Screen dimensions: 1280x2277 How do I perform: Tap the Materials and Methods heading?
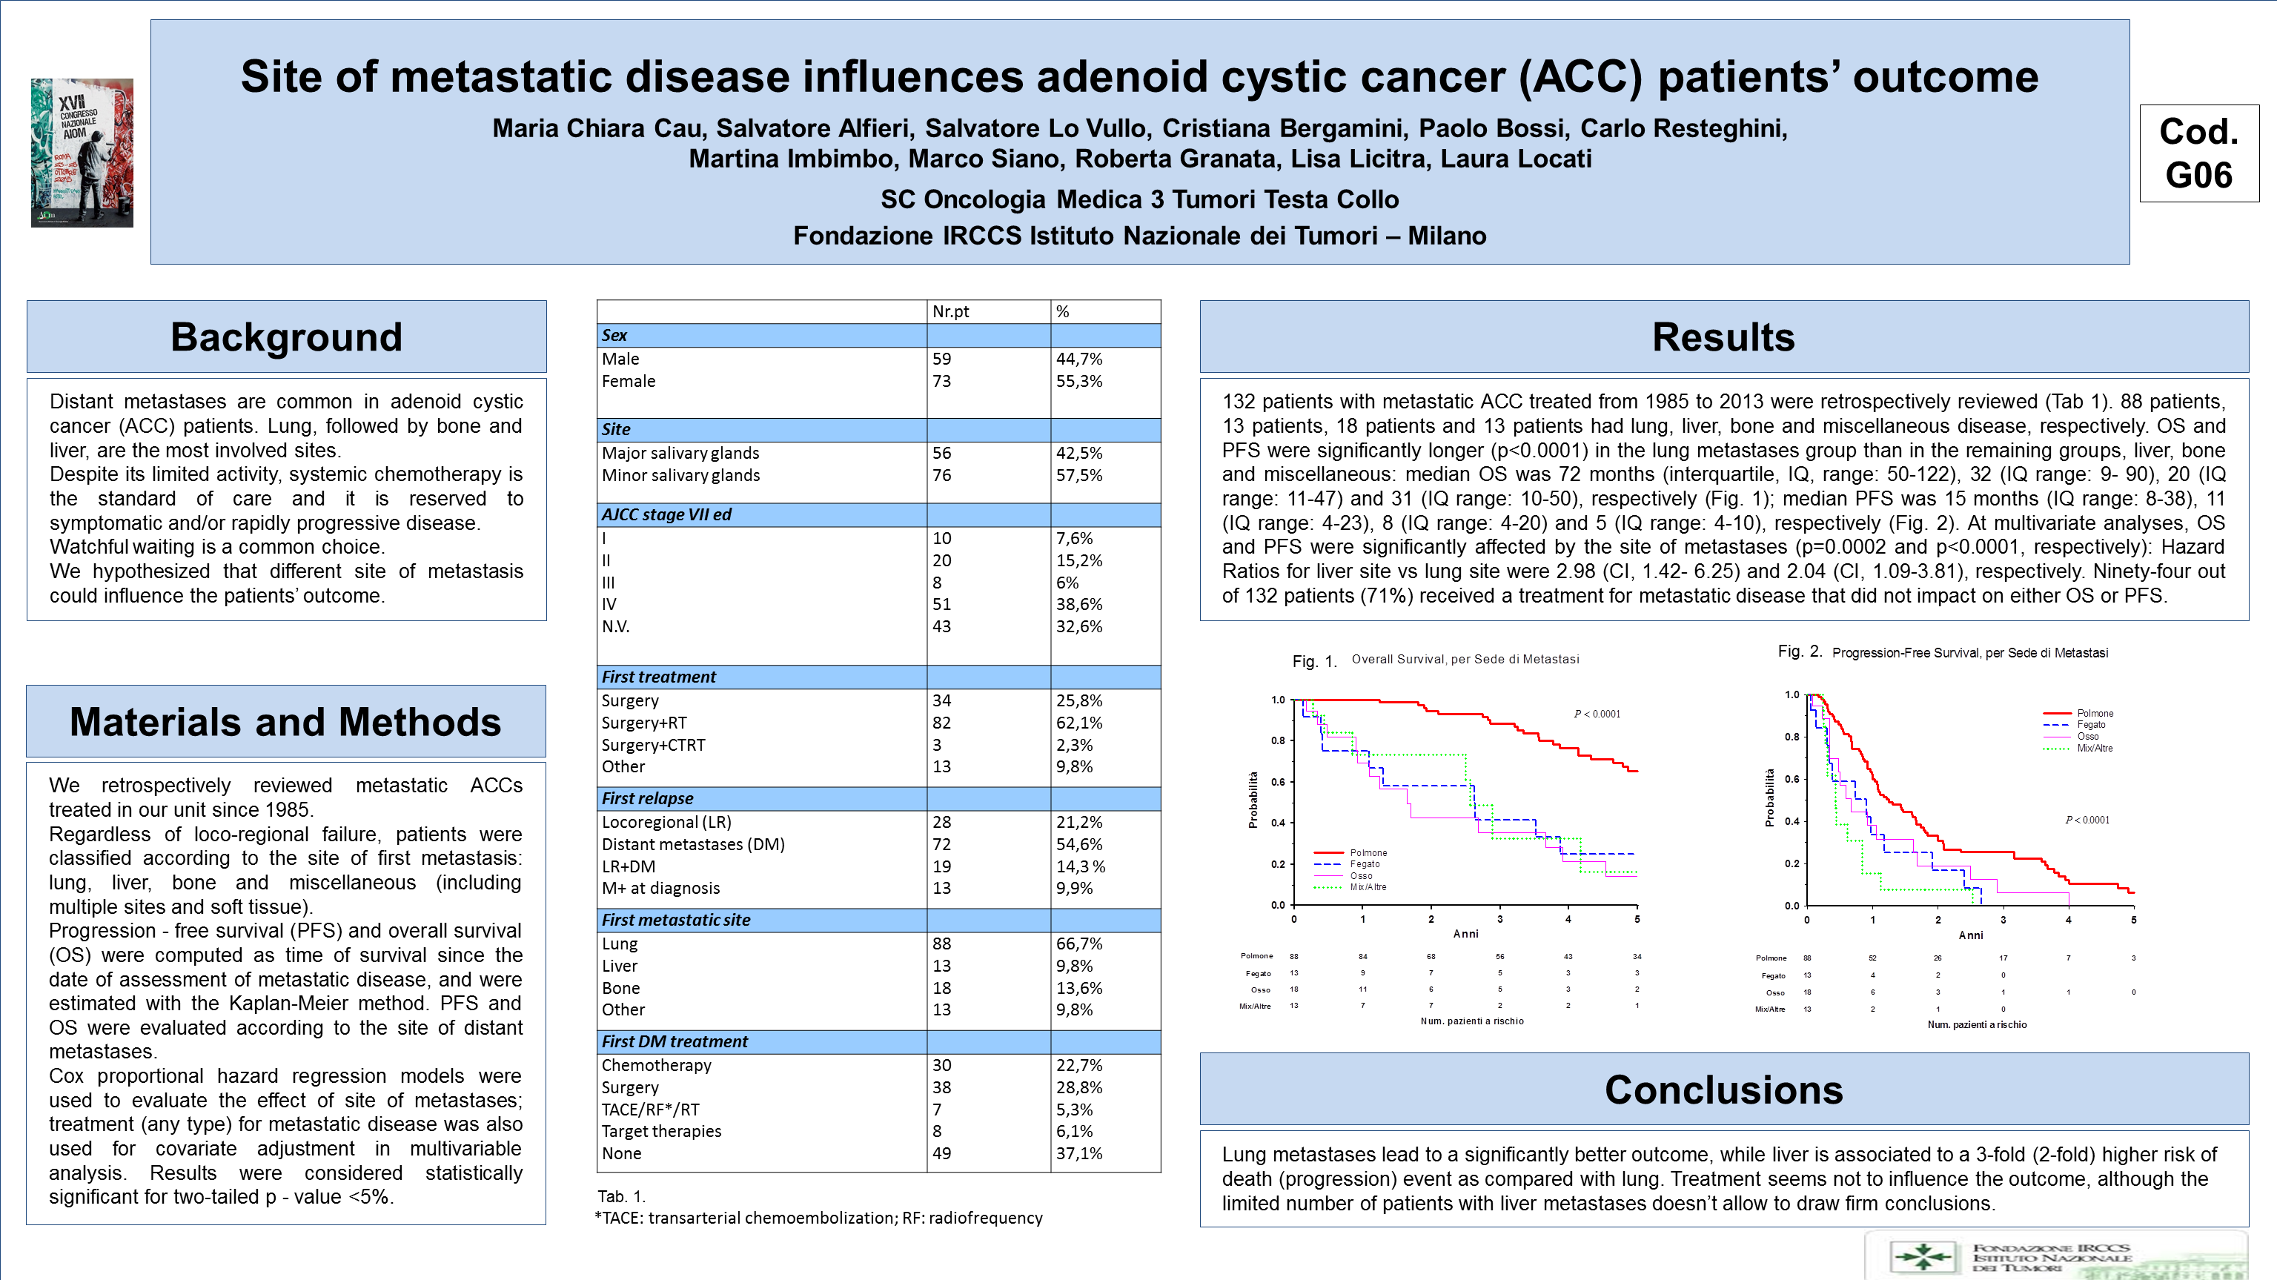tap(285, 721)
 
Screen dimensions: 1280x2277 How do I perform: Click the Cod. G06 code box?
tap(2199, 154)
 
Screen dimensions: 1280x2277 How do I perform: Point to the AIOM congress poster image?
tap(82, 153)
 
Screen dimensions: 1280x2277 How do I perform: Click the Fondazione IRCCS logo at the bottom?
tap(2056, 1256)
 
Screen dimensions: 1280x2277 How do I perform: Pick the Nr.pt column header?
tap(950, 311)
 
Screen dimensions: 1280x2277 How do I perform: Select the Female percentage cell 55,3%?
tap(1078, 381)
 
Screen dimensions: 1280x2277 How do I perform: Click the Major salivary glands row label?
tap(680, 453)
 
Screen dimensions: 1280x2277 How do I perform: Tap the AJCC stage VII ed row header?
tap(666, 514)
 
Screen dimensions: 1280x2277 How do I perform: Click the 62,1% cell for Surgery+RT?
tap(1078, 722)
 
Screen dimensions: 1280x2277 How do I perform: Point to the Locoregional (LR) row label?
tap(666, 821)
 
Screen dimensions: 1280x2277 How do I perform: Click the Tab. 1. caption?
tap(621, 1196)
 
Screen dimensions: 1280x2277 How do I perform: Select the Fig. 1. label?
tap(1314, 661)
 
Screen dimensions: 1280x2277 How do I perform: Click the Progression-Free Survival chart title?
tap(1969, 653)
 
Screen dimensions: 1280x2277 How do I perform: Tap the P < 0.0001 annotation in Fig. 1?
tap(1597, 714)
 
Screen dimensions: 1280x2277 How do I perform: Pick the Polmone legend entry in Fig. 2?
tap(2094, 713)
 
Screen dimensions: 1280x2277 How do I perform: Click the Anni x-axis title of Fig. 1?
tap(1465, 933)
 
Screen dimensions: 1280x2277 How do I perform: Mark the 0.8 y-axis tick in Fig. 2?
tap(1791, 737)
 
